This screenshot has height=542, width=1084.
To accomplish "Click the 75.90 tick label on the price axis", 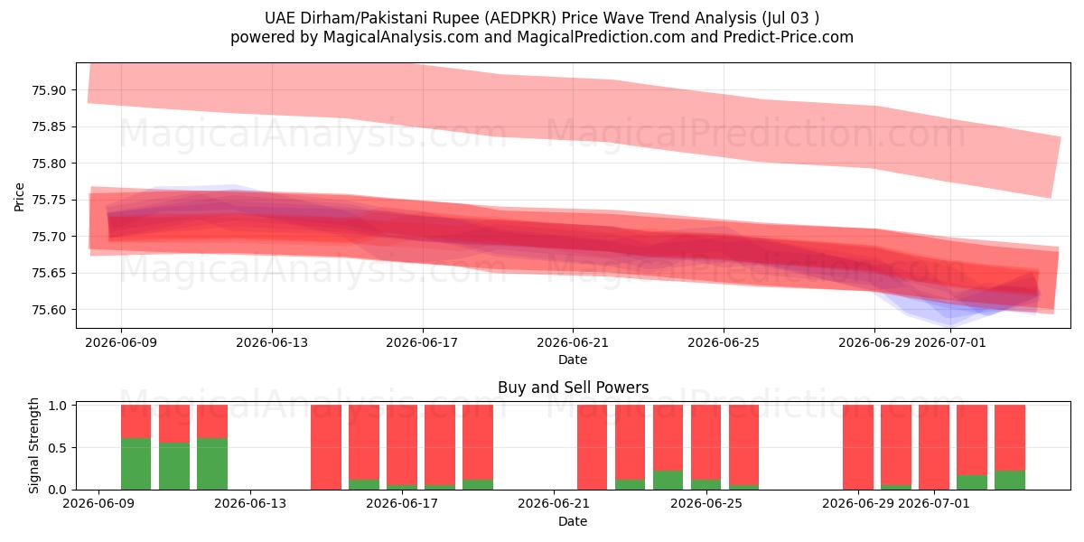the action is [49, 90].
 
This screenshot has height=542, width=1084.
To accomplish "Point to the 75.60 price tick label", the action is [49, 310].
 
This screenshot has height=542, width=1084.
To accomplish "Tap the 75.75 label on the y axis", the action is [49, 200].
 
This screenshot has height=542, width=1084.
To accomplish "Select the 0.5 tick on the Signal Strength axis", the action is [57, 448].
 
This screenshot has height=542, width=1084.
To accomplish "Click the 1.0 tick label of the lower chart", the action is [57, 406].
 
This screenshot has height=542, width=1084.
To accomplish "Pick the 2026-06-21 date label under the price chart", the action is [573, 342].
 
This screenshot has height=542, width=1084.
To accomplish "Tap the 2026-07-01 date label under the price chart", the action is [950, 342].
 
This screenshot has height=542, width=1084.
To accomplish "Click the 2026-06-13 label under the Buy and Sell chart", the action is [250, 504].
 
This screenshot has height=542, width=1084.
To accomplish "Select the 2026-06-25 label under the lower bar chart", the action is [706, 504].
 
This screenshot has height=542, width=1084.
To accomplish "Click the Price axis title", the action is [19, 198].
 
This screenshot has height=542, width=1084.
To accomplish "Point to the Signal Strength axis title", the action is [33, 445].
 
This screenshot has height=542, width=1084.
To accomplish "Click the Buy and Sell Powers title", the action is [573, 388].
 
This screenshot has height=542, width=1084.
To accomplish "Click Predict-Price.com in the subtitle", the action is [789, 37].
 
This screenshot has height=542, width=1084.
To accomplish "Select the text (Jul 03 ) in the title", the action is [790, 18].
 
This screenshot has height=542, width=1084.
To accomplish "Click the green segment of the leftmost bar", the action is [136, 464].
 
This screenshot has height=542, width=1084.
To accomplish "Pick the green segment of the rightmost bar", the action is [1010, 480].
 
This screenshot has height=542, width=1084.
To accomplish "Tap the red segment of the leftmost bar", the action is [136, 422].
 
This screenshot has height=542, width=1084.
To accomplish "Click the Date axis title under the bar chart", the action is [573, 522].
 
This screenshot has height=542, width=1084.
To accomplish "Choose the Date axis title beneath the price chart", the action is [573, 360].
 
